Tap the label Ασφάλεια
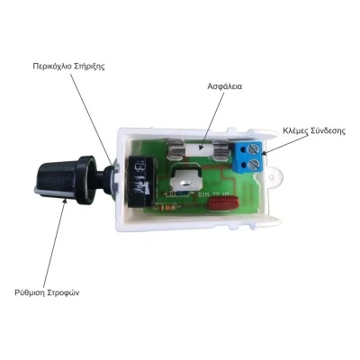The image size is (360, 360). point(225,86)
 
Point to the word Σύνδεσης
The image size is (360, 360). point(328,131)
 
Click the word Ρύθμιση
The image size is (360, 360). point(30,292)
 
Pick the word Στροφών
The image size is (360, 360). point(64,292)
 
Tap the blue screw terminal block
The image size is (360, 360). point(249,157)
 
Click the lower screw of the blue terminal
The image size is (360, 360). point(255,164)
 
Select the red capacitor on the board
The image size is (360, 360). point(221,203)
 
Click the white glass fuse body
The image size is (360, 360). point(198,148)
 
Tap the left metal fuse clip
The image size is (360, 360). point(175,148)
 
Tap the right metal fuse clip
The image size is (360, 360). point(220,148)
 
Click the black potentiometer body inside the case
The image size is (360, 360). point(141,182)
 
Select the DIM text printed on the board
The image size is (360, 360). point(203,194)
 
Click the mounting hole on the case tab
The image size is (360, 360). point(272,176)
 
